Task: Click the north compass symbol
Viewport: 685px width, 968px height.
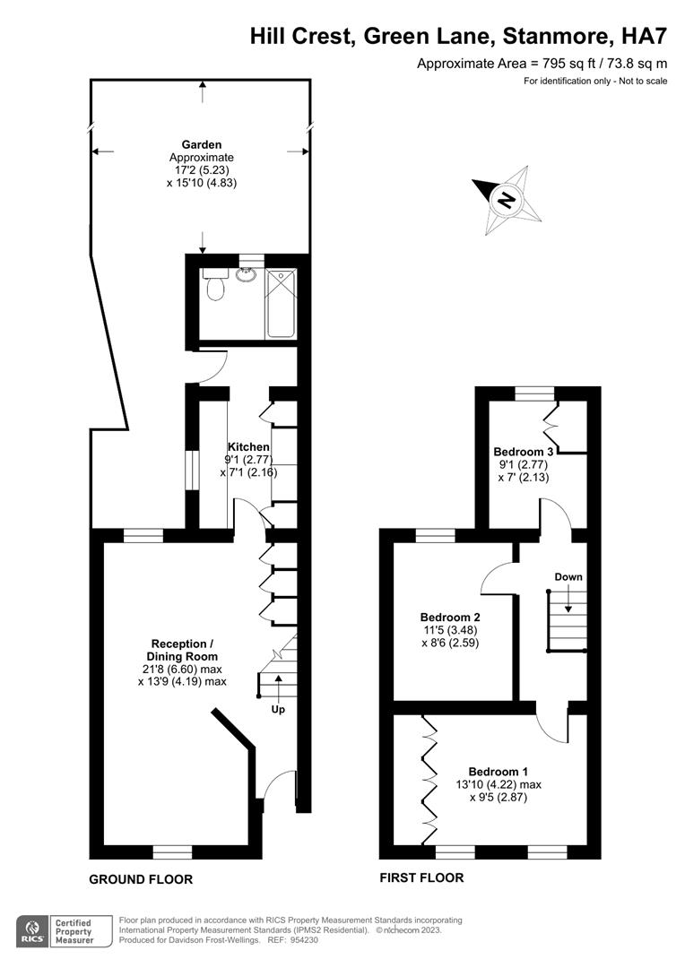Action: pyautogui.click(x=507, y=198)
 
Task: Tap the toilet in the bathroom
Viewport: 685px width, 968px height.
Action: pyautogui.click(x=213, y=287)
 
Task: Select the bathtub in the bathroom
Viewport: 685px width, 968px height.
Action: pyautogui.click(x=281, y=304)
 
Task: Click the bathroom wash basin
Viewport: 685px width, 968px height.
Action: pyautogui.click(x=245, y=273)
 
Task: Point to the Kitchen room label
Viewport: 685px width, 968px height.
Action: pyautogui.click(x=248, y=446)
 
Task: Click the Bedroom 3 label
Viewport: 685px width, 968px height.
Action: pyautogui.click(x=524, y=451)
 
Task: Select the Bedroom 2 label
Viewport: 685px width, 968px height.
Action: pyautogui.click(x=451, y=617)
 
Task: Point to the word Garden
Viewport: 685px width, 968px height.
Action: pyautogui.click(x=202, y=144)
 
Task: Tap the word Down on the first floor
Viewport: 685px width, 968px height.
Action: pyautogui.click(x=568, y=576)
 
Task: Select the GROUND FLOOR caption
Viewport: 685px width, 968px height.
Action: pyautogui.click(x=141, y=879)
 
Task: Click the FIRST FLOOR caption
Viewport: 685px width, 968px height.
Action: pyautogui.click(x=421, y=877)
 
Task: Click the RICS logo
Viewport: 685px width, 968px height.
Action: pyautogui.click(x=34, y=929)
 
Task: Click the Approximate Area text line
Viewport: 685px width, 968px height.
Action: pyautogui.click(x=542, y=63)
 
